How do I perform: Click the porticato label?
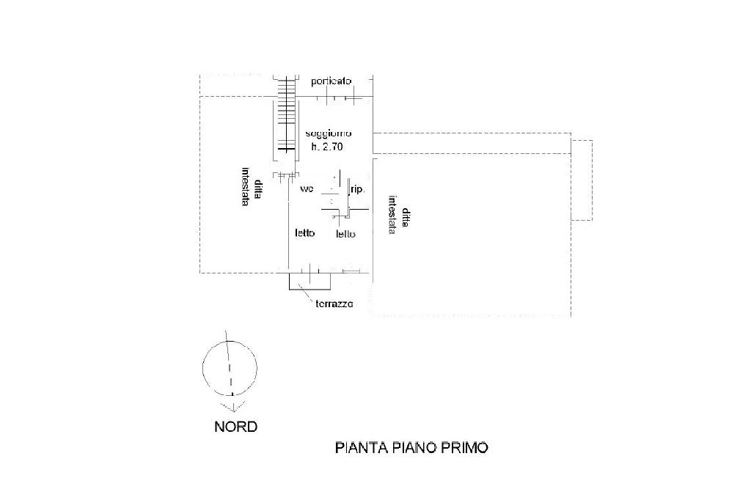click(x=331, y=81)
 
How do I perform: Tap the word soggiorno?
click(x=330, y=134)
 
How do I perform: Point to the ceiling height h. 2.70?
click(x=328, y=147)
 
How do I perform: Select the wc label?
click(x=307, y=189)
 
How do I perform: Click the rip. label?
click(x=358, y=189)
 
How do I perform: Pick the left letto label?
click(x=305, y=234)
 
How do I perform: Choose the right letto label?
click(x=345, y=235)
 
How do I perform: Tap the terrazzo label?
click(x=334, y=304)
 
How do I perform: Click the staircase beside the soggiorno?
click(x=287, y=117)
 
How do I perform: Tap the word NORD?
click(x=235, y=426)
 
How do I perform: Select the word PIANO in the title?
click(x=413, y=447)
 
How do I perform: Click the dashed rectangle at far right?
click(x=582, y=180)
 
